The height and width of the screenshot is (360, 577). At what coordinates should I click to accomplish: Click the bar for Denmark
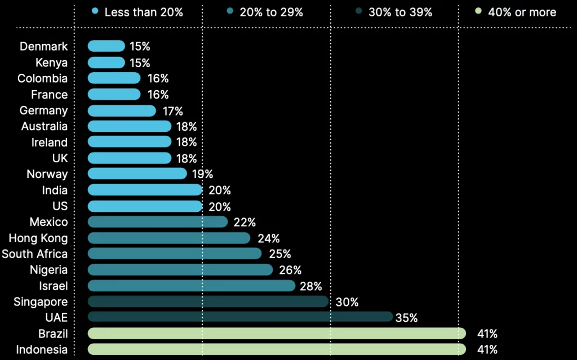[x=106, y=46]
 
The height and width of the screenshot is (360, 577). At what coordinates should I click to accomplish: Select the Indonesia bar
[x=277, y=349]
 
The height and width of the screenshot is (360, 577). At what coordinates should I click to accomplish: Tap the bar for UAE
[x=240, y=317]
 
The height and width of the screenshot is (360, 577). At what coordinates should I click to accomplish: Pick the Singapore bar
[x=208, y=301]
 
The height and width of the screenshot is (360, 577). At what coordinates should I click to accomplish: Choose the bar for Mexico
[x=158, y=222]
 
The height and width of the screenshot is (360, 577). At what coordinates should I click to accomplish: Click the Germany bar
[x=122, y=110]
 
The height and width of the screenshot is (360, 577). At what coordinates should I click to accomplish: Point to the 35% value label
[x=406, y=318]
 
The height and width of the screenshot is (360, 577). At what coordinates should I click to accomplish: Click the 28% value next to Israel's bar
[x=310, y=286]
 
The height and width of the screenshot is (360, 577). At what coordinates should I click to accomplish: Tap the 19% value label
[x=202, y=174]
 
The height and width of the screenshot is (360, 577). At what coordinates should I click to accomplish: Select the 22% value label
[x=245, y=223]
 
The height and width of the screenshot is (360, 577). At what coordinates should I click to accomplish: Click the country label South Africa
[x=34, y=254]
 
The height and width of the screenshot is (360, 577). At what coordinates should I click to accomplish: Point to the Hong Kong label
[x=38, y=238]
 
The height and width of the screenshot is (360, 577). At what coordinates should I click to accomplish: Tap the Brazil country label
[x=53, y=334]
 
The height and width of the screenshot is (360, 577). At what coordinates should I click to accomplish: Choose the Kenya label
[x=51, y=63]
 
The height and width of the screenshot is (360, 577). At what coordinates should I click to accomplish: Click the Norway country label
[x=47, y=174]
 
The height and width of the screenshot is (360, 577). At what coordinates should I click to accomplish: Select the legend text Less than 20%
[x=144, y=12]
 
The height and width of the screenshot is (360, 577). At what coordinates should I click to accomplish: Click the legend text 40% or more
[x=522, y=12]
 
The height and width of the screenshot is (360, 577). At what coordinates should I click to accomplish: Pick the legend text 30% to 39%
[x=401, y=12]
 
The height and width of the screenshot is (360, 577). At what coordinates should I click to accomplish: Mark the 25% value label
[x=279, y=254]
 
